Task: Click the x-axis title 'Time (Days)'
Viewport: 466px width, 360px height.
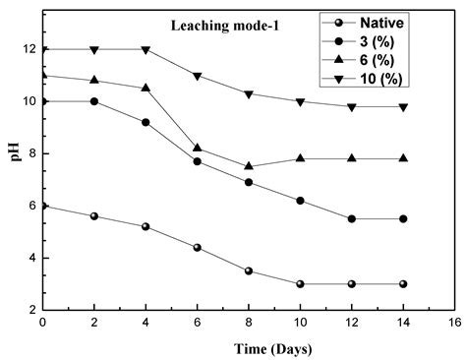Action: point(245,347)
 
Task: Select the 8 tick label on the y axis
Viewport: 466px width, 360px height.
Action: point(29,153)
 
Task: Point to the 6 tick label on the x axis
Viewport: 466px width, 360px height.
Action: point(197,322)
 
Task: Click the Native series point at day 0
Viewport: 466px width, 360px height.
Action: point(42,206)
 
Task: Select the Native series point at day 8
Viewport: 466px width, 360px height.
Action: point(249,270)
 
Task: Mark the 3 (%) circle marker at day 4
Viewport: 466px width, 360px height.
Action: point(146,122)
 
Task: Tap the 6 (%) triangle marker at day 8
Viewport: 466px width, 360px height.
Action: point(249,166)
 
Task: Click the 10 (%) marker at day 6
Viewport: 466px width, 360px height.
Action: point(198,76)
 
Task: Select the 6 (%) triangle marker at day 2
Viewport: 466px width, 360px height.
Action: point(94,80)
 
